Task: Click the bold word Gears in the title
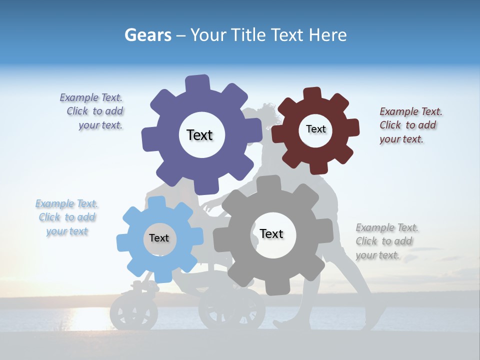point(147,35)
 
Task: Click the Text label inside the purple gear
point(199,135)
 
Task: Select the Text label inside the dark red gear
point(315,129)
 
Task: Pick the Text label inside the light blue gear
point(159,238)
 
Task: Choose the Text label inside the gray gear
point(271,233)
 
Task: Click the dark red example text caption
point(410,125)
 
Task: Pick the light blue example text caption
point(67,217)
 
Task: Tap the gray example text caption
point(386,241)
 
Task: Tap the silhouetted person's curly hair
point(267,112)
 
